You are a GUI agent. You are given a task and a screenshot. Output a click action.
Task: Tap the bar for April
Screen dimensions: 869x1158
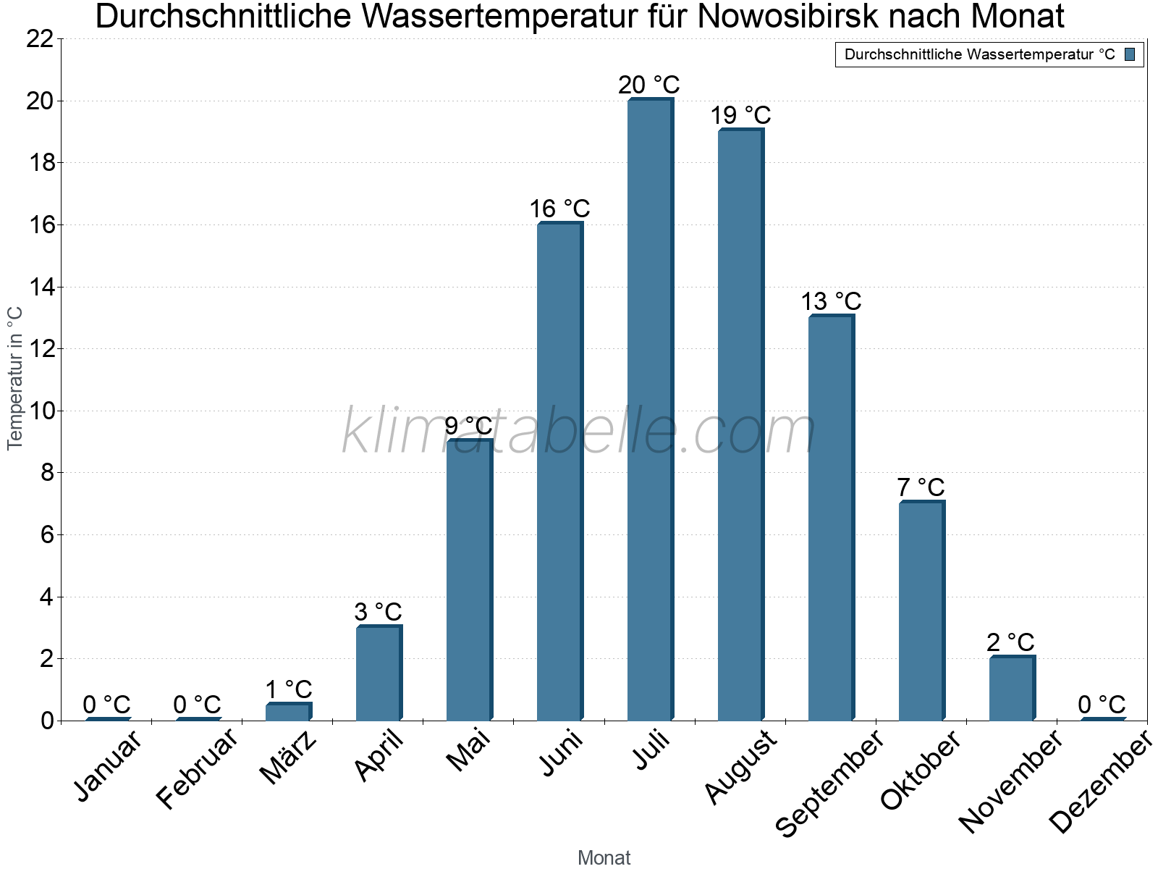point(379,673)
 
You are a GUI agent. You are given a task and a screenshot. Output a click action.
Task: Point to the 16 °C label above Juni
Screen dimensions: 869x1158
point(559,209)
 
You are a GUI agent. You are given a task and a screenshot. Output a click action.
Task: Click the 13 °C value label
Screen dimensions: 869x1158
point(831,301)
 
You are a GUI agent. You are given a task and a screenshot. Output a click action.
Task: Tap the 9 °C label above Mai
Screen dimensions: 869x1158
point(468,426)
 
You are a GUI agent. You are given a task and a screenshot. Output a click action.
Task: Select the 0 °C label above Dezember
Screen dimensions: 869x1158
point(1102,705)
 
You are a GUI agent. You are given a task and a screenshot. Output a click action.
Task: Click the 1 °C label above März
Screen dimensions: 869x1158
point(288,689)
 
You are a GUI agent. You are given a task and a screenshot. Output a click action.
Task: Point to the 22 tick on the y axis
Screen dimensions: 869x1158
point(40,39)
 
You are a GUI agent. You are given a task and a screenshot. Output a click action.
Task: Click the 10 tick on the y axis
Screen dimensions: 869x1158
point(40,411)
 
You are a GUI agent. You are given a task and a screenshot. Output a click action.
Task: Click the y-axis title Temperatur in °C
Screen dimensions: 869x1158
point(15,378)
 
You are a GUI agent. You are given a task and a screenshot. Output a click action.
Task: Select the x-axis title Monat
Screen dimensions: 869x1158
point(604,857)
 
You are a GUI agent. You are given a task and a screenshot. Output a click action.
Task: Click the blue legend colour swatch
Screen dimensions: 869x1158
point(1130,54)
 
